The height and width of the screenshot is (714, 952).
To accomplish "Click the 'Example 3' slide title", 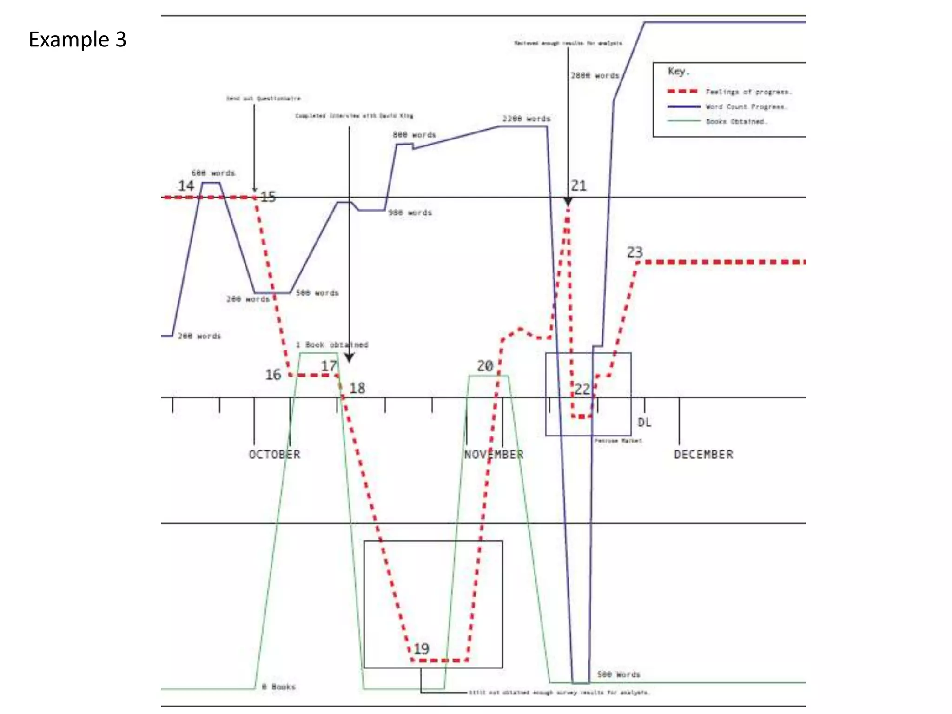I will point(77,40).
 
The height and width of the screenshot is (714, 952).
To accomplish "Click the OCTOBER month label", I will point(274,454).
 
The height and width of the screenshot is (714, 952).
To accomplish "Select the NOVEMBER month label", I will point(494,454).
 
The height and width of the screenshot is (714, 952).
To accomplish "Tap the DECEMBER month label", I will point(703,454).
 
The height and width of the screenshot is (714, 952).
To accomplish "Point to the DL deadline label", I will point(644,423).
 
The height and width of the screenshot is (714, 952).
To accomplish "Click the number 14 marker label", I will point(186,186).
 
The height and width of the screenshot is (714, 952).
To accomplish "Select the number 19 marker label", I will point(421,648).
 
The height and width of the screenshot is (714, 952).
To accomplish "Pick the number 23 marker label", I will point(635,252).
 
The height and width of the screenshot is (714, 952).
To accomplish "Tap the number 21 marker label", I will point(579,186).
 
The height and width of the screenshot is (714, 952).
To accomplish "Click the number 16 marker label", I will point(273,374).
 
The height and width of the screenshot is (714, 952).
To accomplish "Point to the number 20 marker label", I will point(485,366).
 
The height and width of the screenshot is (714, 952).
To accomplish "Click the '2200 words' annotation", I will point(526,119).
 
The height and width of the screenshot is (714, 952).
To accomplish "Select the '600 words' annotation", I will point(213,173).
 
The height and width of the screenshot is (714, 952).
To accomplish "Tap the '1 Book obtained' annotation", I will point(332,344).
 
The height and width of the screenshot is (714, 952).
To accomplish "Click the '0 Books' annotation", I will point(278,687).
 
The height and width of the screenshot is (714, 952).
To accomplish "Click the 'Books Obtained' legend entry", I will point(737,121).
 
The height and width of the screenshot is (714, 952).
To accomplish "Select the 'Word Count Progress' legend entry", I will point(746,106).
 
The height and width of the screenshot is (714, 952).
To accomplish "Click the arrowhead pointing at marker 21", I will point(568,201).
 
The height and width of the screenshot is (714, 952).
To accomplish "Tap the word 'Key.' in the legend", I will point(678,71).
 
